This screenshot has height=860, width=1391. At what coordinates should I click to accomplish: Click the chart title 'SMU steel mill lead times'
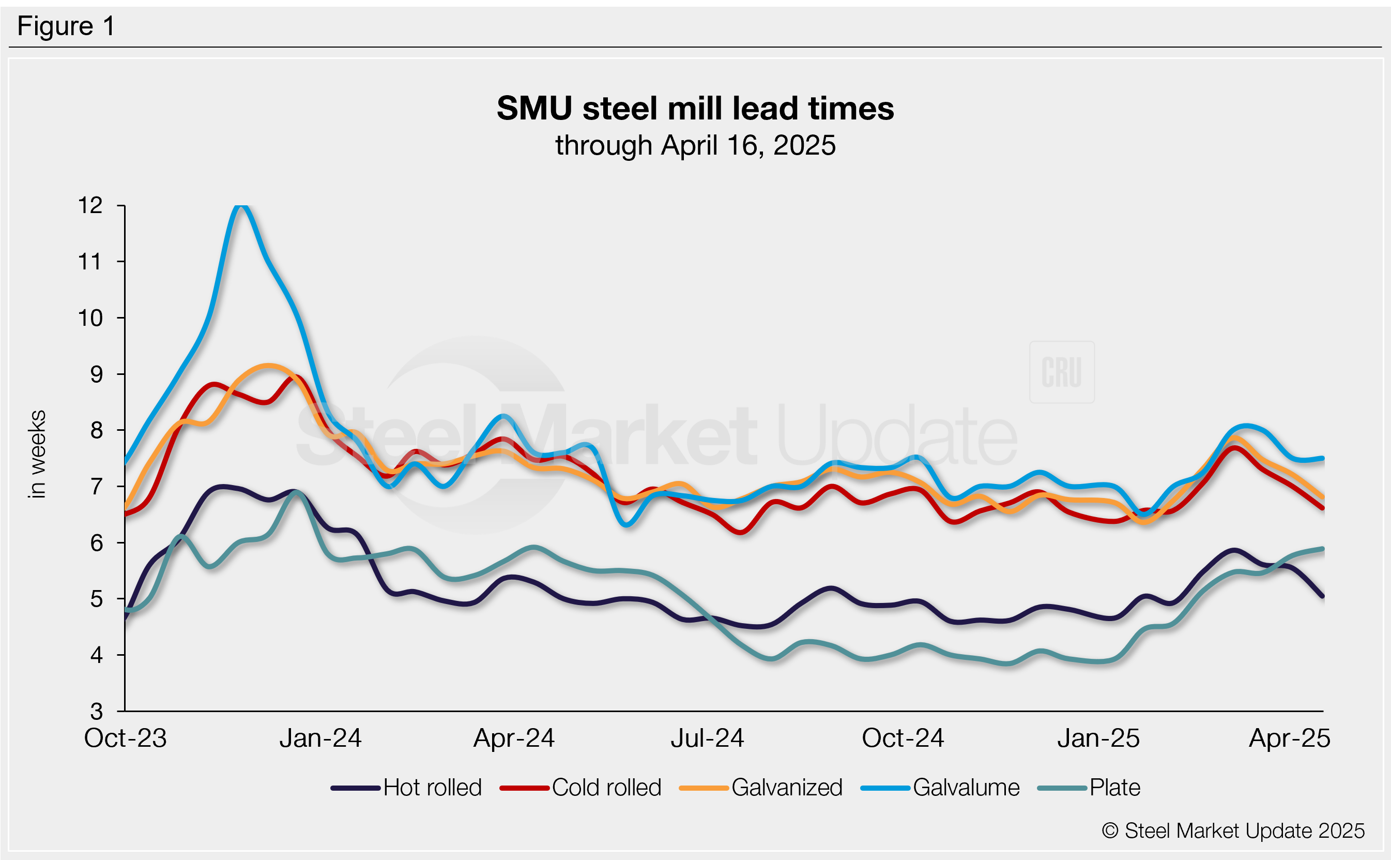[695, 108]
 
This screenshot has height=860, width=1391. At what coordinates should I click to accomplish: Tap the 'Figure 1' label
[66, 26]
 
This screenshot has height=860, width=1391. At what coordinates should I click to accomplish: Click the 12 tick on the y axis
[90, 205]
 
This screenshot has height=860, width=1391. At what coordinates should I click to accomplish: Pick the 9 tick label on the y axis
[96, 374]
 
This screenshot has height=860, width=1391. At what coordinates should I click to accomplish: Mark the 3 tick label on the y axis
[96, 712]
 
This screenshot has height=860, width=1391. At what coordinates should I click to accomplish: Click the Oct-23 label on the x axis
[125, 738]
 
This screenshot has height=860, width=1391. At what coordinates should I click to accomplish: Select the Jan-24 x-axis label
[320, 738]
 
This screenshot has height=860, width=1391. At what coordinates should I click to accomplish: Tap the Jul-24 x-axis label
[707, 738]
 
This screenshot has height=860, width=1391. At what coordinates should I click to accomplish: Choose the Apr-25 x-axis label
[1289, 738]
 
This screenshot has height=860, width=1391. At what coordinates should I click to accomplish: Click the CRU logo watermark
[1061, 372]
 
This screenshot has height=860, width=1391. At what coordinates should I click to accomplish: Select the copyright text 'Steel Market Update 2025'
[1233, 831]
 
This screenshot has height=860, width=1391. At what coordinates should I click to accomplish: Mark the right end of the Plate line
[1323, 549]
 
